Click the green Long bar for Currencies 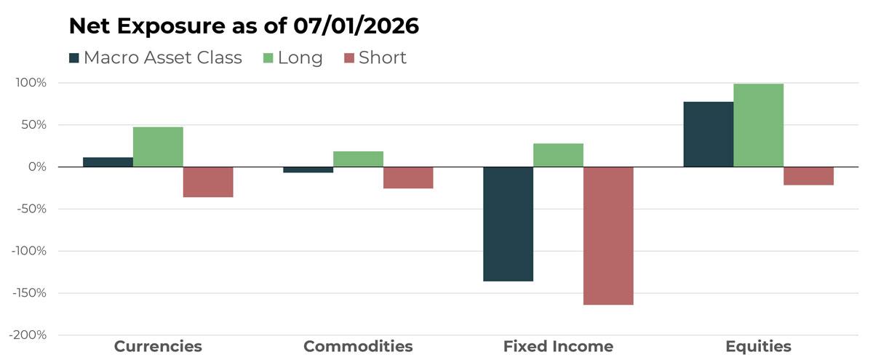(x=158, y=147)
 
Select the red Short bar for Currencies (x=208, y=182)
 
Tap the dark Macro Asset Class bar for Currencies (x=108, y=162)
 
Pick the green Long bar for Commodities (x=358, y=159)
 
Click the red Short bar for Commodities (x=408, y=177)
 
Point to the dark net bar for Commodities (x=308, y=170)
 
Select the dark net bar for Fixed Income (x=509, y=224)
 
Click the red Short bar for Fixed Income (x=608, y=236)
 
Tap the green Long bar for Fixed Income (x=559, y=155)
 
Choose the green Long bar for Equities (x=758, y=125)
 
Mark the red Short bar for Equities (x=809, y=176)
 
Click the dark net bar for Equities (x=709, y=135)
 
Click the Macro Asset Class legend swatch (x=74, y=58)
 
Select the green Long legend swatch (x=268, y=58)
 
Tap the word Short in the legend (x=383, y=57)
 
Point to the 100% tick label (x=31, y=83)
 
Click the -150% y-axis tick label (x=29, y=292)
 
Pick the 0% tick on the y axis (x=37, y=167)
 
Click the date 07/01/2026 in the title (x=356, y=26)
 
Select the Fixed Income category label (x=559, y=346)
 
